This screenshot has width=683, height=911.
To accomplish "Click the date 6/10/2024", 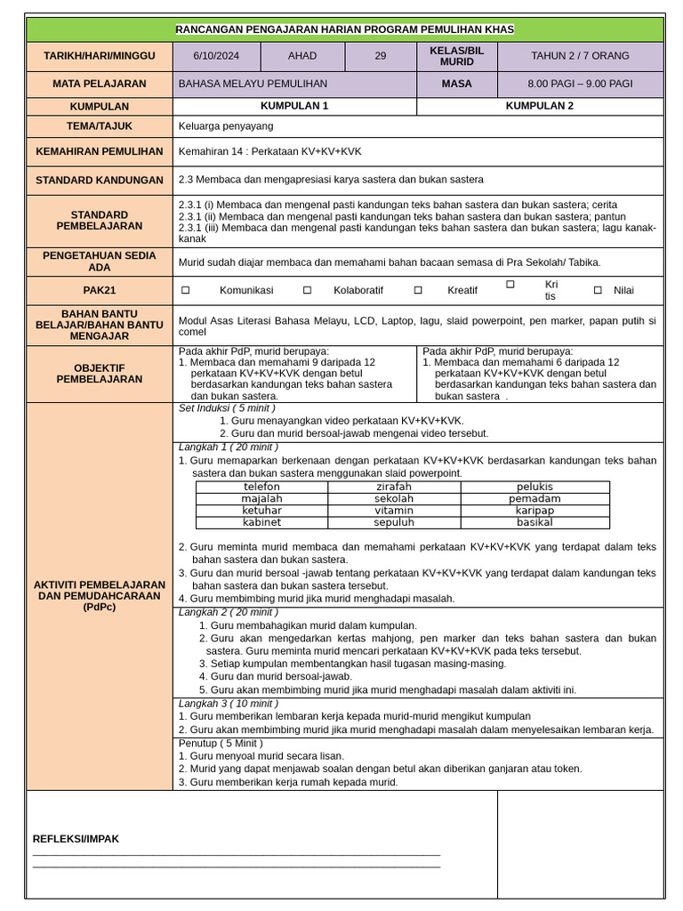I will (216, 56).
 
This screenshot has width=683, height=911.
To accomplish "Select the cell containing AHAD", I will (302, 56).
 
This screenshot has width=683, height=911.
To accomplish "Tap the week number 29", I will (381, 56).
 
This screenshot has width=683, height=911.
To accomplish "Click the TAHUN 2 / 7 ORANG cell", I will (580, 56).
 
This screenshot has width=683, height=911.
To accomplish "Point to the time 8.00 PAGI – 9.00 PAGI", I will (580, 85).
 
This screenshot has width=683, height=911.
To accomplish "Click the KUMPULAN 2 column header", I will (540, 106).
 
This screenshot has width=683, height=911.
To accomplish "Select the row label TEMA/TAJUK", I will (99, 126).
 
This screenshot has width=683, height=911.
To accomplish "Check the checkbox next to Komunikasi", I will (186, 291).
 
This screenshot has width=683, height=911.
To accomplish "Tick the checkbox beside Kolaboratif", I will (307, 291).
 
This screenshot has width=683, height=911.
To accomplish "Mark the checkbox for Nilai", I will (598, 291).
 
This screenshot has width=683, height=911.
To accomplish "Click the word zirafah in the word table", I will (394, 488).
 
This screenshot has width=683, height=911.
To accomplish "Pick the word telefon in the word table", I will (261, 488).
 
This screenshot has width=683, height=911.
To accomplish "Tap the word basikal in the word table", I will (534, 523).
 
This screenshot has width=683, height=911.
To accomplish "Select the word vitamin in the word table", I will (394, 512).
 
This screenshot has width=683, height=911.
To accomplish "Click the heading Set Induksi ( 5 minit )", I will (227, 408).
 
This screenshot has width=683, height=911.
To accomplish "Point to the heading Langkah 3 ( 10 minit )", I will (229, 704).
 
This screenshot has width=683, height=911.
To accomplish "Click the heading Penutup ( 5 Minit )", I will (221, 743).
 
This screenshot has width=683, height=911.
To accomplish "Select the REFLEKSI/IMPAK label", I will (76, 839).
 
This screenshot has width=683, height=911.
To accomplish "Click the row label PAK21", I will (99, 291).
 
